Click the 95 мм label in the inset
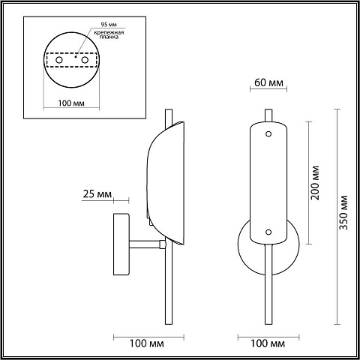pos(109,25)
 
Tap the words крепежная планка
pos(109,34)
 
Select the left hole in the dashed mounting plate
pos(59,60)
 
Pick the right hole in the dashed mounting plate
pos(85,60)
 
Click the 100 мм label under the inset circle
pos(71,103)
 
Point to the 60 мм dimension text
pos(268,82)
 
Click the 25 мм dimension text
pos(97,194)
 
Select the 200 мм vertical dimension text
pos(315,182)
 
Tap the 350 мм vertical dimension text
pos(343,212)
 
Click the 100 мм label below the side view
pos(147,343)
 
